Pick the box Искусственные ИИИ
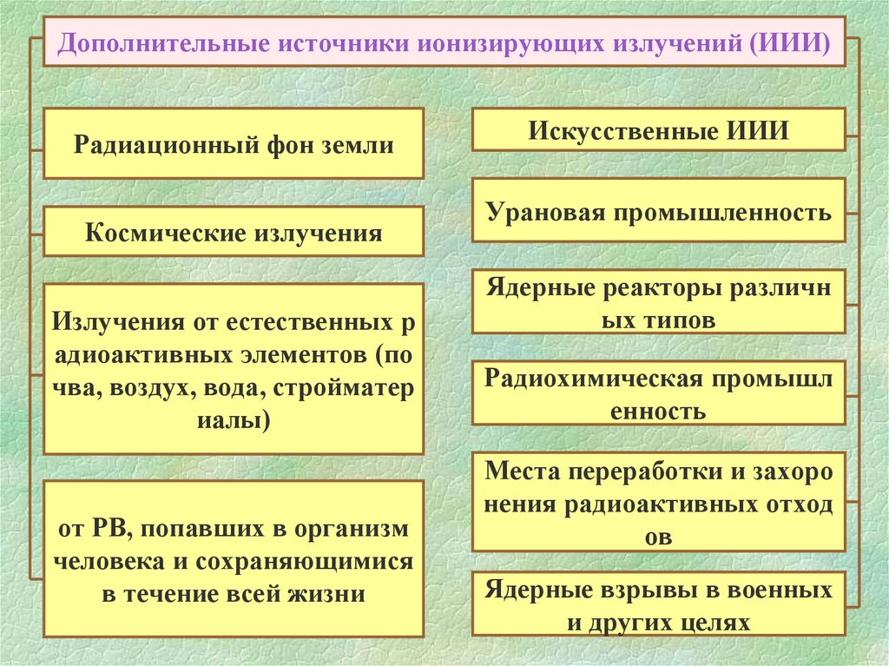(657, 132)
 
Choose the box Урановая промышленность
(657, 211)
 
